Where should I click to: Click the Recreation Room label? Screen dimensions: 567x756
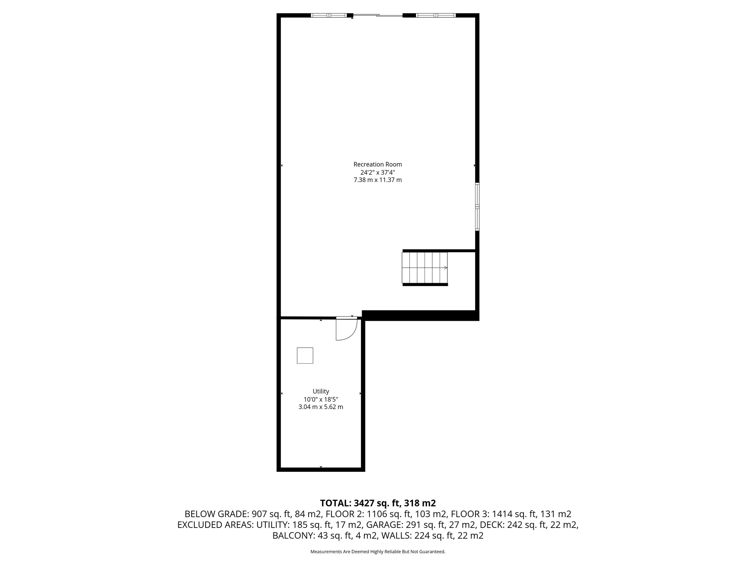pos(377,164)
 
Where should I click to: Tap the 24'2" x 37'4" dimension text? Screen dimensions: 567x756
pos(377,172)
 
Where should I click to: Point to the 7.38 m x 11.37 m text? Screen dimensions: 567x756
pos(377,180)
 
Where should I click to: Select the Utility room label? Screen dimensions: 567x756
pos(320,391)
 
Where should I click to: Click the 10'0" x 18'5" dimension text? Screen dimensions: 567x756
pos(320,399)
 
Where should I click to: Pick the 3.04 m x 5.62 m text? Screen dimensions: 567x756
pos(320,407)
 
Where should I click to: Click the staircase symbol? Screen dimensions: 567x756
pos(425,268)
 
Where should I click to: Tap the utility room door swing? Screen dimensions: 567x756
pos(346,329)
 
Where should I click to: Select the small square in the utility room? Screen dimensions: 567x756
pos(305,355)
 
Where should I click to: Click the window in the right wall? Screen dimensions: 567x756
pos(477,207)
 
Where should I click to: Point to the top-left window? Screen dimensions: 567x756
pos(329,16)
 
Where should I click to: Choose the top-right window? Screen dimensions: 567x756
pos(436,16)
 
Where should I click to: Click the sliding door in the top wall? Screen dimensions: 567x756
pos(377,16)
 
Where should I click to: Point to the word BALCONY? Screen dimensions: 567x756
pos(293,536)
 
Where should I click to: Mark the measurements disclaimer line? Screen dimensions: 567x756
pos(378,551)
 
